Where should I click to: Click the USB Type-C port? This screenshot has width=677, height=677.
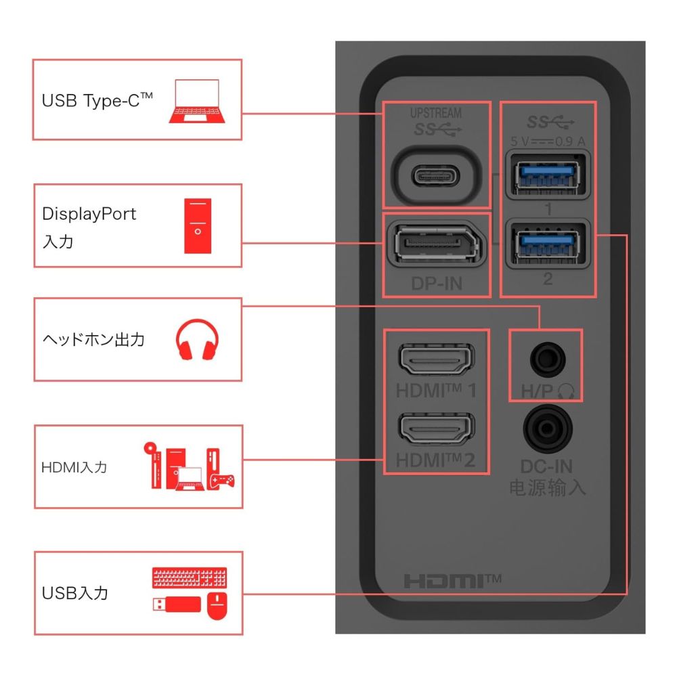tap(436, 176)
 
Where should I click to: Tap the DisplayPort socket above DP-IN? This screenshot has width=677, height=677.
tap(437, 244)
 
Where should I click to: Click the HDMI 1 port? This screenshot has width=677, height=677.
tap(436, 359)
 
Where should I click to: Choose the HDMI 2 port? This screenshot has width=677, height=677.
tap(436, 429)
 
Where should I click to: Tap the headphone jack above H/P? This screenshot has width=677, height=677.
tap(548, 359)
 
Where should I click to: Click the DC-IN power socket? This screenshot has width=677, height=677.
tap(548, 429)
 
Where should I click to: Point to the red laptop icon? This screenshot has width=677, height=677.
tap(197, 101)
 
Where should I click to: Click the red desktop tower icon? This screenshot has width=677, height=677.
tap(198, 226)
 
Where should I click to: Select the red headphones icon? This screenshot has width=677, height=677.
tap(197, 339)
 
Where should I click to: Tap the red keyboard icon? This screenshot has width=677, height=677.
tap(190, 577)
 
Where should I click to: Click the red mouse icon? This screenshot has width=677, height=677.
tap(217, 606)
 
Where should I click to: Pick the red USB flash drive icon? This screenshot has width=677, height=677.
tap(177, 605)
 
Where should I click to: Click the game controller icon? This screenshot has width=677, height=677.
tap(221, 481)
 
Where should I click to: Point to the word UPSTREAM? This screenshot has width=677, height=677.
tap(435, 113)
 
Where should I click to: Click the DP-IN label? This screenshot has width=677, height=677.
tap(437, 284)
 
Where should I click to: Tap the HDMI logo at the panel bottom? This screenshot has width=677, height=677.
tap(452, 581)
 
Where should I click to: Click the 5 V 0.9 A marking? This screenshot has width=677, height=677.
tap(548, 141)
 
